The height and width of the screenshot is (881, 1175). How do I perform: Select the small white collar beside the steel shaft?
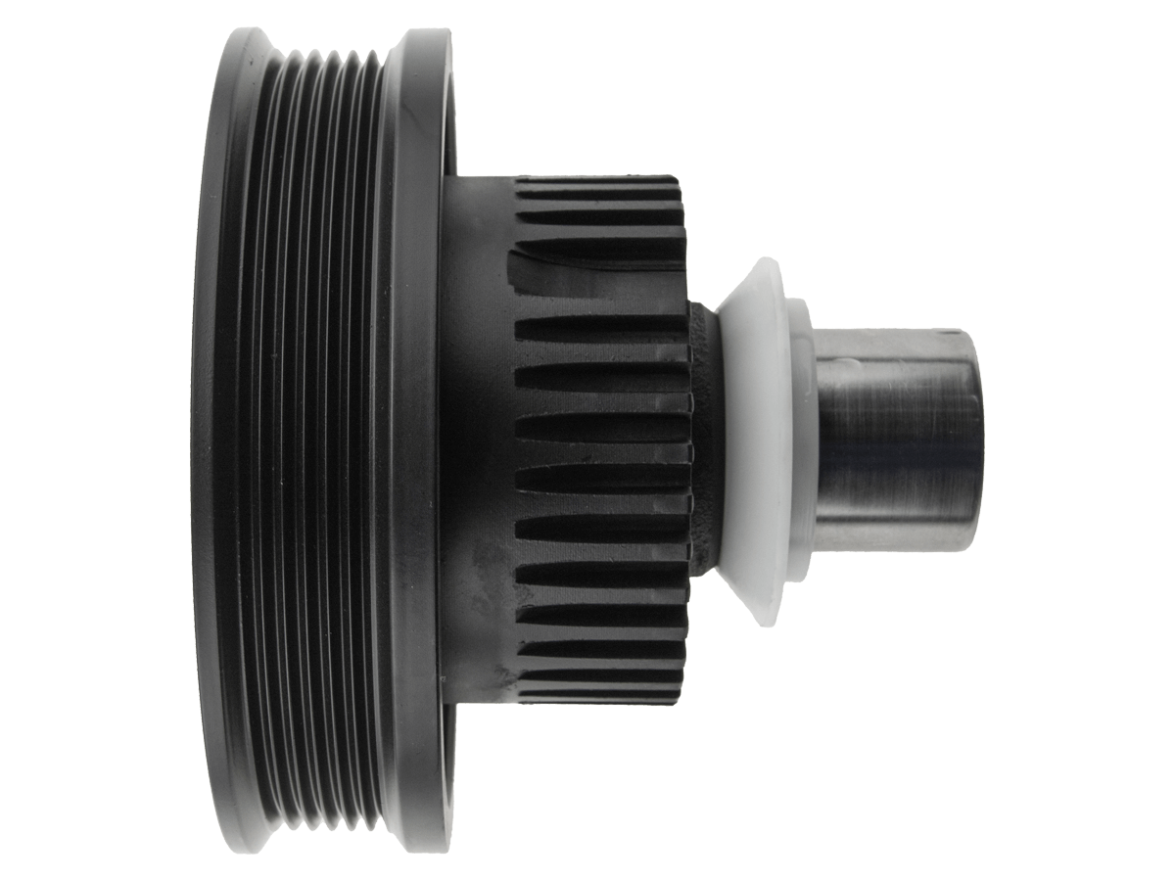click(x=800, y=440)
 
